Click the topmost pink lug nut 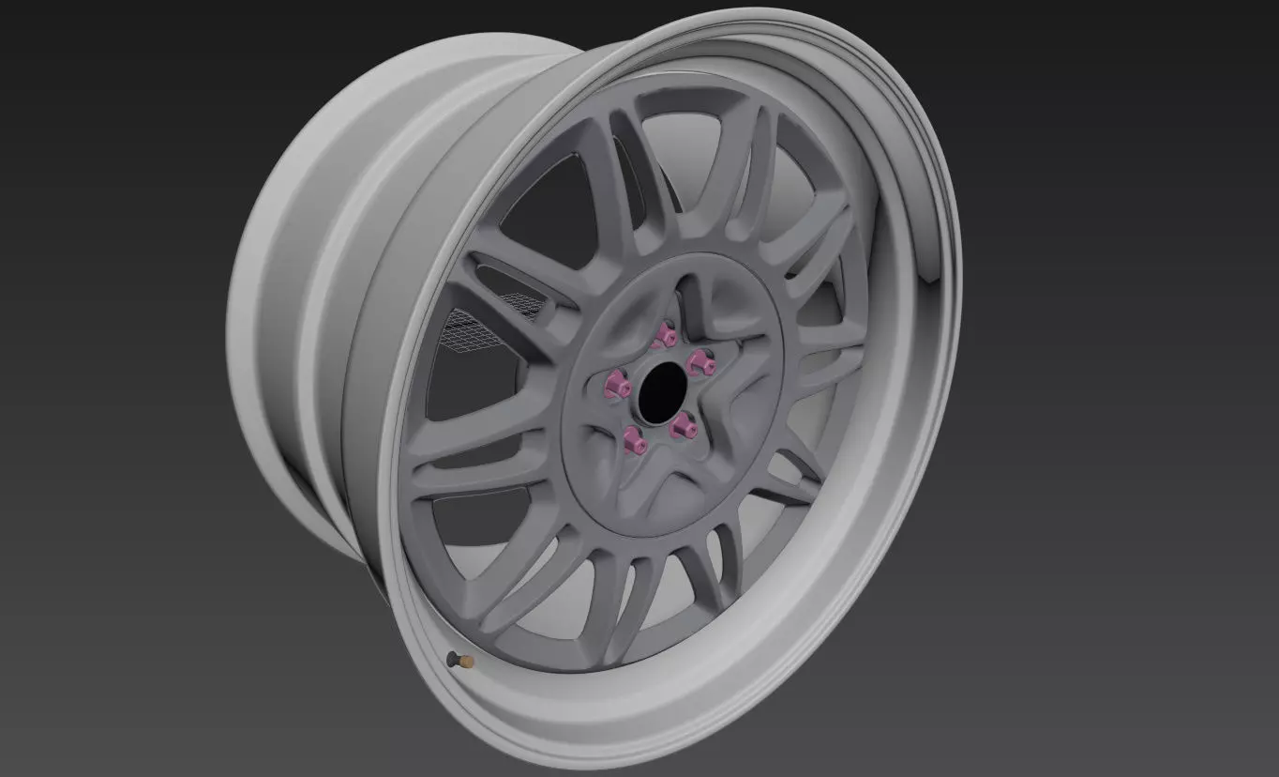668,336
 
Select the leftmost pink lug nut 617,383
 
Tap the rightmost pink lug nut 697,363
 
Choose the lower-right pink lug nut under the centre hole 682,428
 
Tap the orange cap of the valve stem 467,663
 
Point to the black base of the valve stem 454,658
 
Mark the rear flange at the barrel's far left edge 246,310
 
